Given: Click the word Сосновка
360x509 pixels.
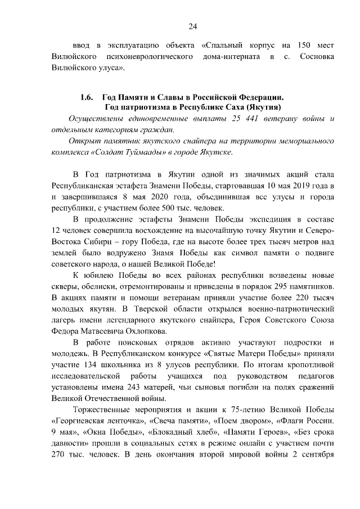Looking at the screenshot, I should [318, 57].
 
